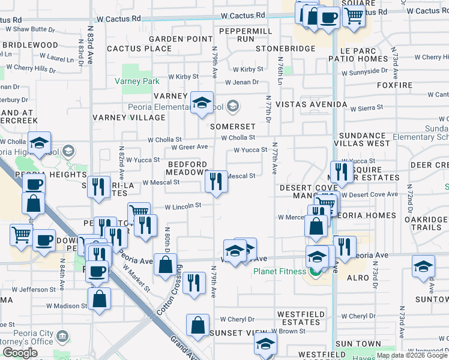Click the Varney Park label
(x=137, y=81)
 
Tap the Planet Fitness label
(x=279, y=271)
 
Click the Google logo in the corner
(x=20, y=353)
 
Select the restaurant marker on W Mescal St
(x=216, y=181)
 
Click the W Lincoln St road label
(x=182, y=206)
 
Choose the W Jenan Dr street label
(x=242, y=82)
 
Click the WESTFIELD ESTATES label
(x=301, y=318)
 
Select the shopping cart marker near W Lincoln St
(x=139, y=212)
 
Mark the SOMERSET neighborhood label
(x=232, y=127)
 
